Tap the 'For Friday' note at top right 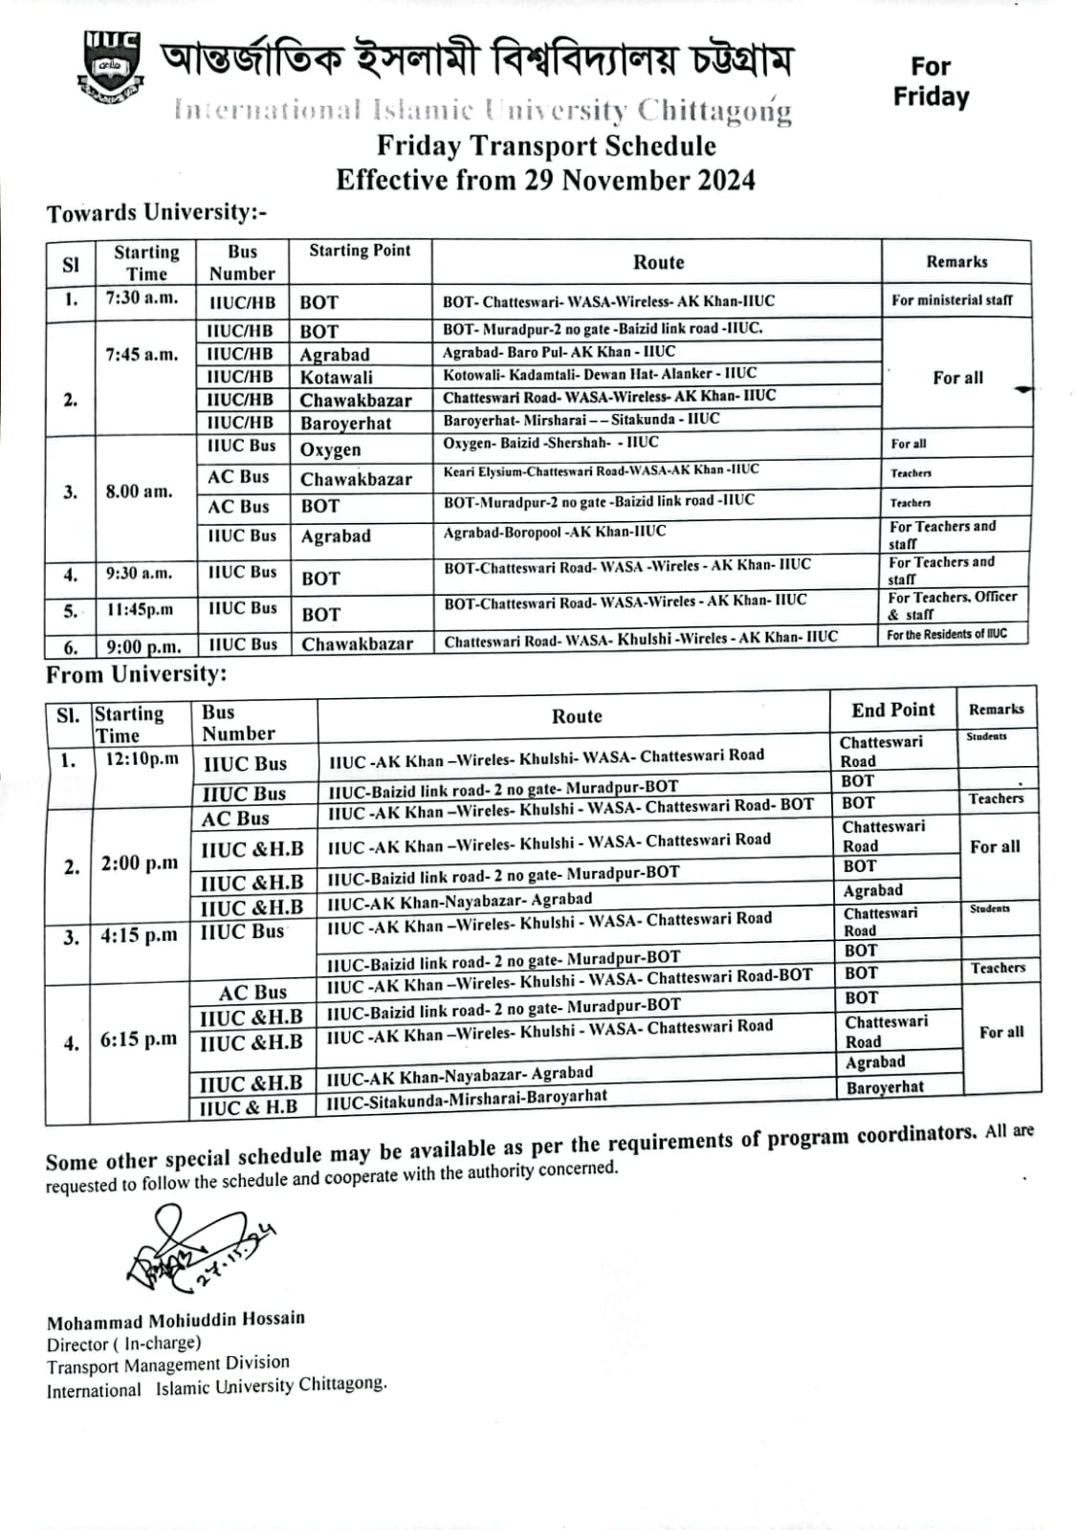pyautogui.click(x=930, y=81)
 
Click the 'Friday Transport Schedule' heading pyautogui.click(x=545, y=146)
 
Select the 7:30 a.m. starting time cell pyautogui.click(x=142, y=297)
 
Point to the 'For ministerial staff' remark pyautogui.click(x=952, y=300)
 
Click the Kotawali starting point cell pyautogui.click(x=337, y=378)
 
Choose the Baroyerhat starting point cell pyautogui.click(x=345, y=424)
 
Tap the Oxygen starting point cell pyautogui.click(x=331, y=449)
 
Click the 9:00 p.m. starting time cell pyautogui.click(x=143, y=646)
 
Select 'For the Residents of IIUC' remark pyautogui.click(x=946, y=634)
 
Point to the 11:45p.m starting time pyautogui.click(x=140, y=609)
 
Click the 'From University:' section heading pyautogui.click(x=137, y=674)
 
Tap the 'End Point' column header pyautogui.click(x=893, y=710)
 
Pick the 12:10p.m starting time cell pyautogui.click(x=142, y=759)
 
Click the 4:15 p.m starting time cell pyautogui.click(x=139, y=936)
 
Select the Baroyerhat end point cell pyautogui.click(x=885, y=1087)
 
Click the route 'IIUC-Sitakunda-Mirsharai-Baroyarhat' pyautogui.click(x=467, y=1099)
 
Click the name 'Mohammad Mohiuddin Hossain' pyautogui.click(x=176, y=1321)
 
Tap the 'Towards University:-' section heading pyautogui.click(x=157, y=212)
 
